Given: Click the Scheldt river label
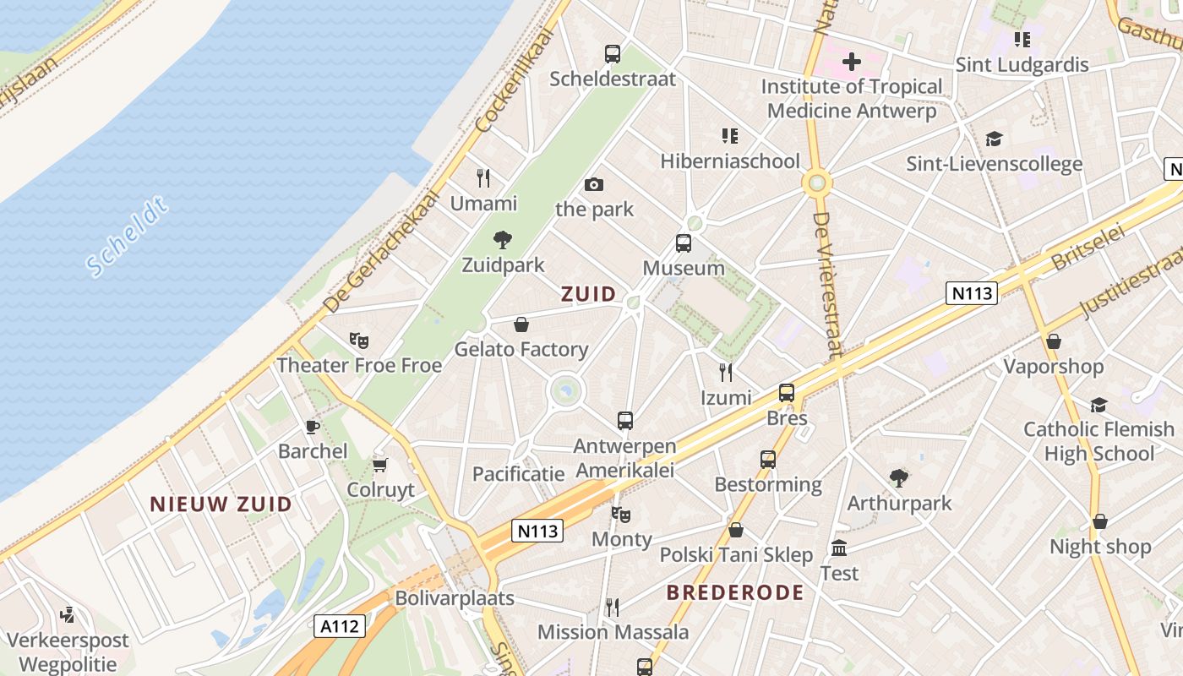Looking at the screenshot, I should (x=128, y=237).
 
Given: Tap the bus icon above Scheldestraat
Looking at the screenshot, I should (x=613, y=54).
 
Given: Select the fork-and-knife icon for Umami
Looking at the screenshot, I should (x=483, y=178).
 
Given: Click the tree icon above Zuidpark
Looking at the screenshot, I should (x=503, y=240).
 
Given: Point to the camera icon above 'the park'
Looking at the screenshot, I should (x=594, y=184).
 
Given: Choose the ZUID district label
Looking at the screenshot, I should (x=589, y=294).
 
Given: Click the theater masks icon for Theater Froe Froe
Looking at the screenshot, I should (x=359, y=341).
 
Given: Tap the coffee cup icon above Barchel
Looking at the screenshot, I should (x=313, y=427).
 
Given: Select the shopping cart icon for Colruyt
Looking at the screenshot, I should (x=380, y=466).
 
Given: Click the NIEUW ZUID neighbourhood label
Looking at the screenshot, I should (x=221, y=504).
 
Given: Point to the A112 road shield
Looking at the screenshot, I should (x=341, y=626).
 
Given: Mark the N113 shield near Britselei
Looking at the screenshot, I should (x=972, y=293).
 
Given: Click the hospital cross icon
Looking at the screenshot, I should (x=852, y=61).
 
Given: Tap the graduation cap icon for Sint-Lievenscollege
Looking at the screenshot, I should (x=994, y=139).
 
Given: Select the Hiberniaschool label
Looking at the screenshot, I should (x=730, y=161).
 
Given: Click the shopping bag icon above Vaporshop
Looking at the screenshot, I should (x=1054, y=341).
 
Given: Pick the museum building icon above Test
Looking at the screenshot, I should (x=839, y=548).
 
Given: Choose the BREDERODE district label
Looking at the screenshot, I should (x=735, y=592).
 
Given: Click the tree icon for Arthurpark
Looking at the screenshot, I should (x=899, y=478).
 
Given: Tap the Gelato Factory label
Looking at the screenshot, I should (x=521, y=349).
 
